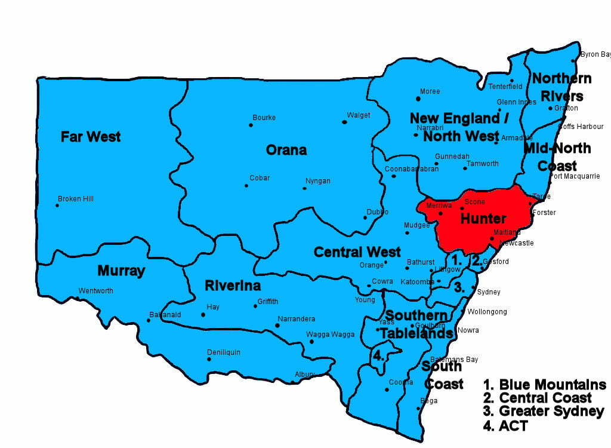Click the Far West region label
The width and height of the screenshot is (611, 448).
click(x=91, y=137)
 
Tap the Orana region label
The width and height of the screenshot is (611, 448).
click(x=286, y=150)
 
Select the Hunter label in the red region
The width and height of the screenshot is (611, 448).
click(x=483, y=219)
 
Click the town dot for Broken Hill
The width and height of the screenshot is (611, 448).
click(x=57, y=205)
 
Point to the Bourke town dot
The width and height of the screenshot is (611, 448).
click(x=251, y=125)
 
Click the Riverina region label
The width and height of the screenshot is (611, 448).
click(x=233, y=286)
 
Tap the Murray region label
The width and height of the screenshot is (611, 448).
click(x=121, y=271)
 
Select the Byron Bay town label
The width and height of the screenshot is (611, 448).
click(x=595, y=54)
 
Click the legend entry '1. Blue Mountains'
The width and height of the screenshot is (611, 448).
click(x=544, y=385)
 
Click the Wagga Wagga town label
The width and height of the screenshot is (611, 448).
click(x=326, y=335)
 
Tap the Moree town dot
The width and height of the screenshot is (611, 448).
click(x=418, y=99)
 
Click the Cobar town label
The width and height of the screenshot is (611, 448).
click(x=260, y=178)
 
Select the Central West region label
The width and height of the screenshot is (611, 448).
click(x=357, y=252)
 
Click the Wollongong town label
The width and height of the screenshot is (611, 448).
click(x=487, y=312)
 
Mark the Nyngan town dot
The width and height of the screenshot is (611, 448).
click(x=304, y=188)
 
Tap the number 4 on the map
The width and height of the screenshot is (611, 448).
click(x=378, y=355)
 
